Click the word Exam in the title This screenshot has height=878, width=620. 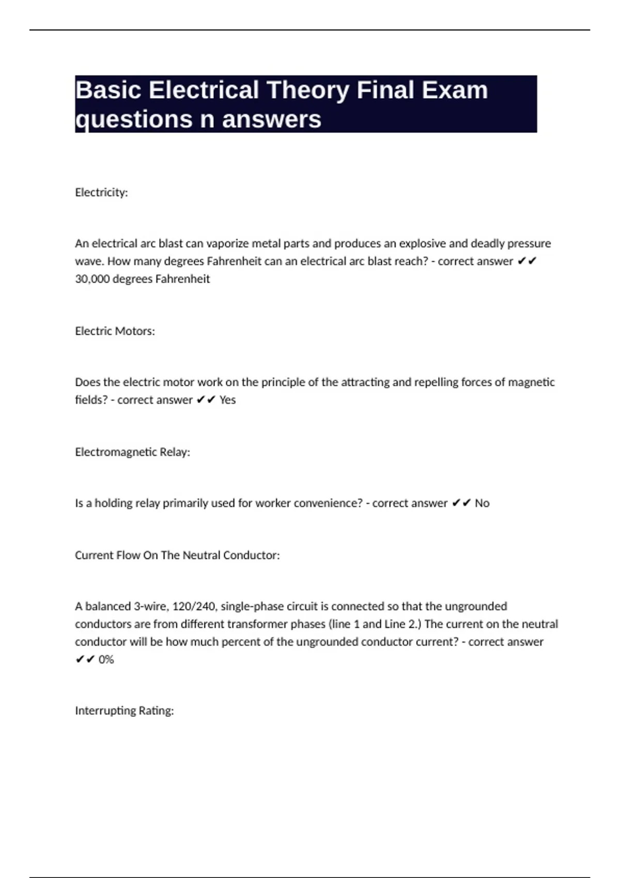455,90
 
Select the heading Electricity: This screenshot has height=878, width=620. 101,192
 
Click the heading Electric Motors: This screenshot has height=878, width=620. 115,331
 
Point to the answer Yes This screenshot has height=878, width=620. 227,400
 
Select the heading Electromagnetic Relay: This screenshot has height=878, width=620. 132,452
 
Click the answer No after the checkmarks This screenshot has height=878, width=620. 482,503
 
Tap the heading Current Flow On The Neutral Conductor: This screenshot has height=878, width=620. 177,555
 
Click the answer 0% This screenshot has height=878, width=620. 106,660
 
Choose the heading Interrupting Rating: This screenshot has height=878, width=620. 124,711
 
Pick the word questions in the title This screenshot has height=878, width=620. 134,119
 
